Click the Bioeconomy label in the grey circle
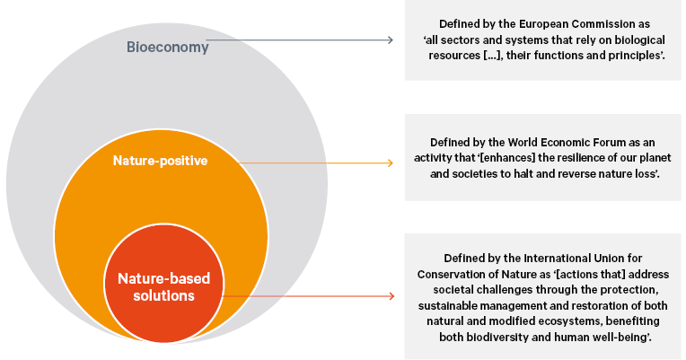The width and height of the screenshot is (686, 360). coord(167,47)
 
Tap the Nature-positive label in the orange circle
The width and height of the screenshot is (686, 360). coord(160,161)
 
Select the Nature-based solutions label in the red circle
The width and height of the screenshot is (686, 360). coord(158,286)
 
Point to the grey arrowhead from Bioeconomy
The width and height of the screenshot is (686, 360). coord(391,40)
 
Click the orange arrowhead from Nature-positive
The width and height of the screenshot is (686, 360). coord(390,162)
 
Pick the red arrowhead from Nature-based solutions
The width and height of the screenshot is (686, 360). coord(390,295)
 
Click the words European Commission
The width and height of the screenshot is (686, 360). coord(574,22)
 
